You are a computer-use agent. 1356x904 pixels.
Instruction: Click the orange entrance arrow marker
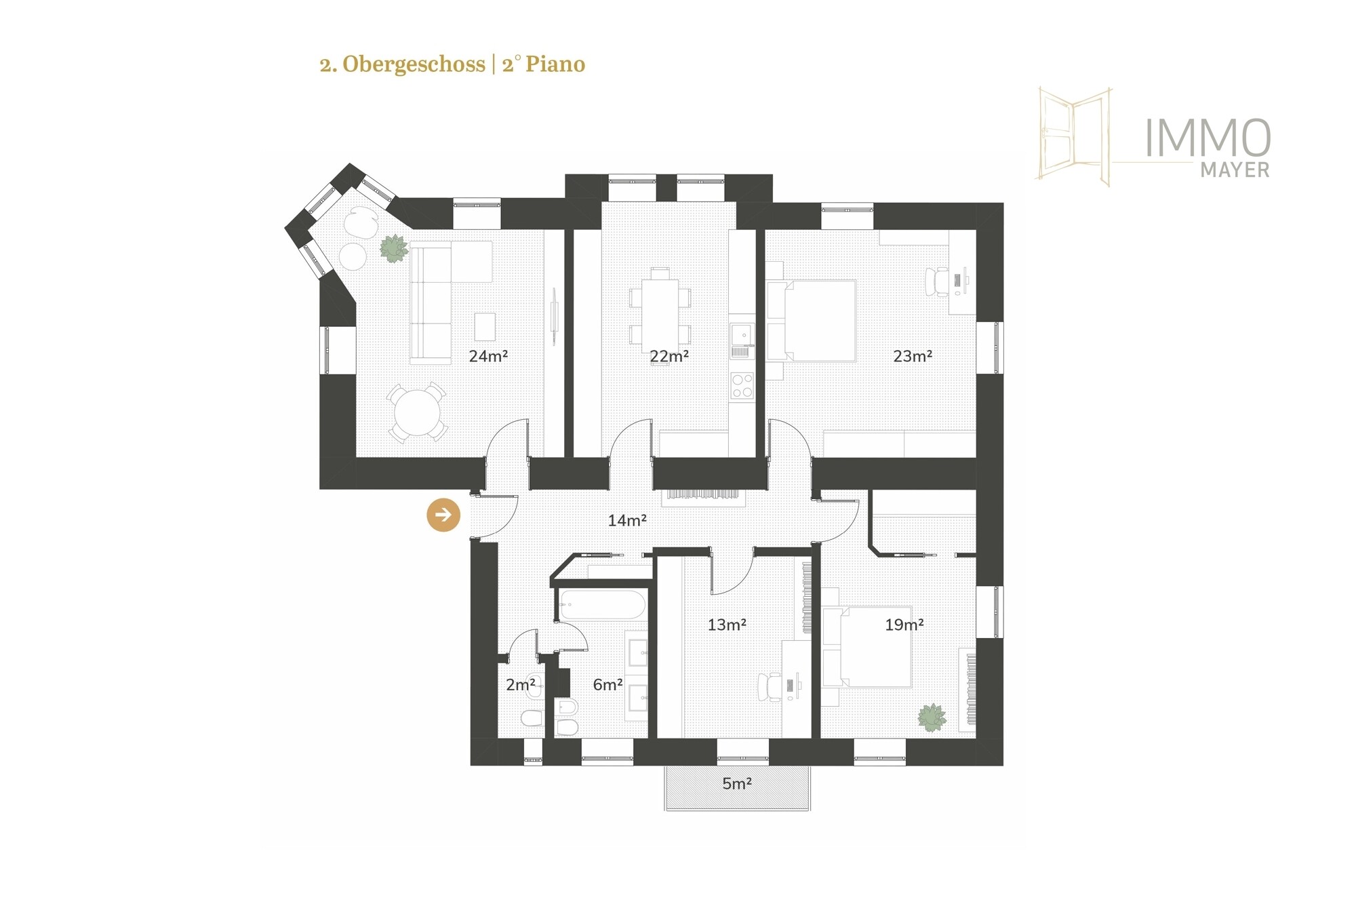443,515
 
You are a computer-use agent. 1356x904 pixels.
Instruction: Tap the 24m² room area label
488,356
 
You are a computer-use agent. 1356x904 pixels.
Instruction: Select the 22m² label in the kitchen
669,356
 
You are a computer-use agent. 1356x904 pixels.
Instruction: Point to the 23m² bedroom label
913,356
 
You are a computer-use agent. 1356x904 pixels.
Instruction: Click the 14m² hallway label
627,520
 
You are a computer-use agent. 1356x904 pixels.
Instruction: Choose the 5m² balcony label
737,784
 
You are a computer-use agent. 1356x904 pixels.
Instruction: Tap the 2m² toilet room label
521,685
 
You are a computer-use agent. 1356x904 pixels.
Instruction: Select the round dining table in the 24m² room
418,412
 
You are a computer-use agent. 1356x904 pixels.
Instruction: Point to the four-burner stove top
742,385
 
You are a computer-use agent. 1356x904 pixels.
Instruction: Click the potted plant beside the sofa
393,248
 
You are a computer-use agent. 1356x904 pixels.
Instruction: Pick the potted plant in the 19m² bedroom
932,717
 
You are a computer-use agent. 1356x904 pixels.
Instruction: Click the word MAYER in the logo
1235,170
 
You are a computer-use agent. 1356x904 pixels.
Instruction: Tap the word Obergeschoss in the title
414,64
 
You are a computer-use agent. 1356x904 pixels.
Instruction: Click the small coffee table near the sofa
485,326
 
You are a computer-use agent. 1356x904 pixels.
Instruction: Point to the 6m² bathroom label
607,685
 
